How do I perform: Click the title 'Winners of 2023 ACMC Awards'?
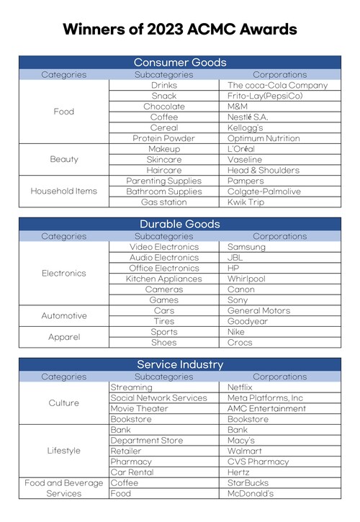(180, 30)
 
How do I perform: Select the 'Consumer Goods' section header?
(180, 63)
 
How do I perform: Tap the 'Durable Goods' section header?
(180, 225)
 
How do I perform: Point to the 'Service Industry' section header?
(180, 364)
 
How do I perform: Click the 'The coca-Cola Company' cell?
(277, 85)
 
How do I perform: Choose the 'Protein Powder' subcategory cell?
(163, 138)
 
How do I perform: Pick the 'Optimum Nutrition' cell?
(263, 138)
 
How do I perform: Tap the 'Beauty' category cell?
(64, 159)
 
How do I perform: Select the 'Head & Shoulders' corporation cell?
(263, 170)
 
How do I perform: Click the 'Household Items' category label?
(64, 192)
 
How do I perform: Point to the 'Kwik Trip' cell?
(247, 202)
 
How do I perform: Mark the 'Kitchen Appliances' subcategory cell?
(163, 279)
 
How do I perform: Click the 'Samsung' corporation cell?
(246, 246)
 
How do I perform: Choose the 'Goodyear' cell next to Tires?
(249, 321)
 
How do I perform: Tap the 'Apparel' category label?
(64, 337)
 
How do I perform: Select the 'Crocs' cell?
(240, 343)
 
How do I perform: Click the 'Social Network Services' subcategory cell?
(159, 397)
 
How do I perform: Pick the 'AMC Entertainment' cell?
(266, 408)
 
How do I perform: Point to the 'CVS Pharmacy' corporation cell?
(258, 462)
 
